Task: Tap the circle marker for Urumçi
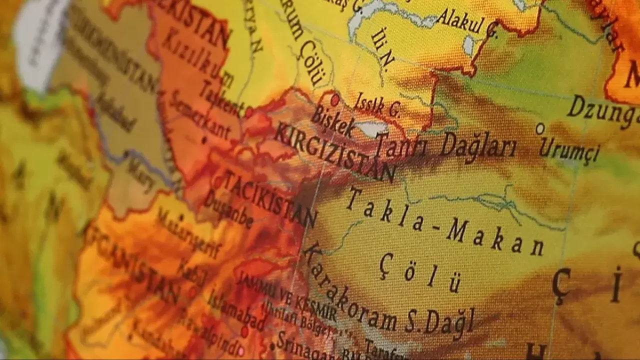(540, 128)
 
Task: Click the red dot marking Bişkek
(335, 100)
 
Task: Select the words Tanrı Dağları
(445, 145)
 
